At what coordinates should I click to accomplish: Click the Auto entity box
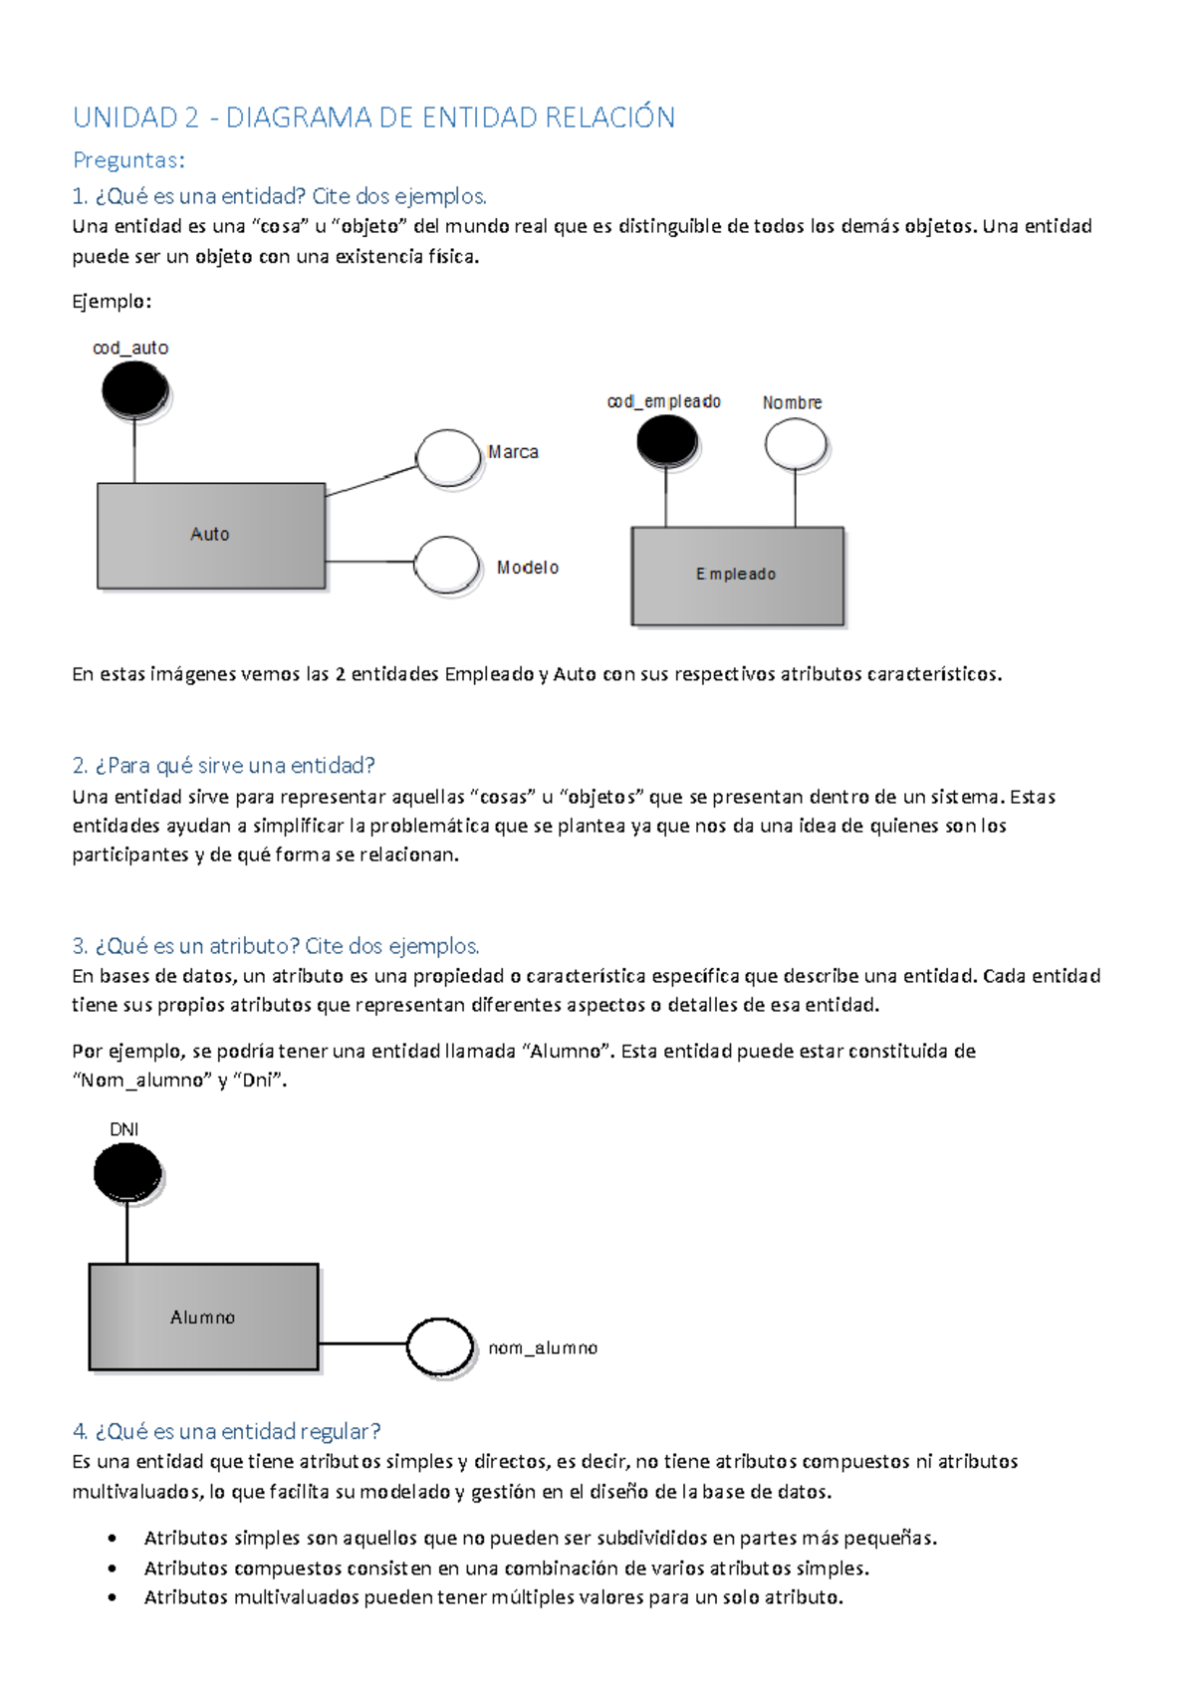[x=211, y=536]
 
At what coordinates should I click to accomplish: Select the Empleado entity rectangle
[x=737, y=576]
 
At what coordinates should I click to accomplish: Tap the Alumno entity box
[x=203, y=1317]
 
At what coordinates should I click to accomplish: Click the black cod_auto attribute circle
[x=134, y=389]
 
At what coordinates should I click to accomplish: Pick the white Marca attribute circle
[x=449, y=458]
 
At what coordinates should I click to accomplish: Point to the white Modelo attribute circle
[x=447, y=564]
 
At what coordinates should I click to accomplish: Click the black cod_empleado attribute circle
[x=666, y=440]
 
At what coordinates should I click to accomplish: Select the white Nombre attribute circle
[x=796, y=444]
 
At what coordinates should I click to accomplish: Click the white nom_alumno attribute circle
[x=440, y=1346]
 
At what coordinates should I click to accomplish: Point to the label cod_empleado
[x=664, y=401]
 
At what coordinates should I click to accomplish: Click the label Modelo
[x=528, y=568]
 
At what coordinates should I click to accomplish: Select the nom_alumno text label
[x=543, y=1348]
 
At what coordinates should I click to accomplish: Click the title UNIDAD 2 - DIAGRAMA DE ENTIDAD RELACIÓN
[x=373, y=118]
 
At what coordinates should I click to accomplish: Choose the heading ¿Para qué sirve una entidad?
[x=224, y=765]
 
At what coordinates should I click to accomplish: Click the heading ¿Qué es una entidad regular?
[x=227, y=1431]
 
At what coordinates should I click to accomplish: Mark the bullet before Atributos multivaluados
[x=113, y=1597]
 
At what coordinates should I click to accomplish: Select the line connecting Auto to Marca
[x=370, y=482]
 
